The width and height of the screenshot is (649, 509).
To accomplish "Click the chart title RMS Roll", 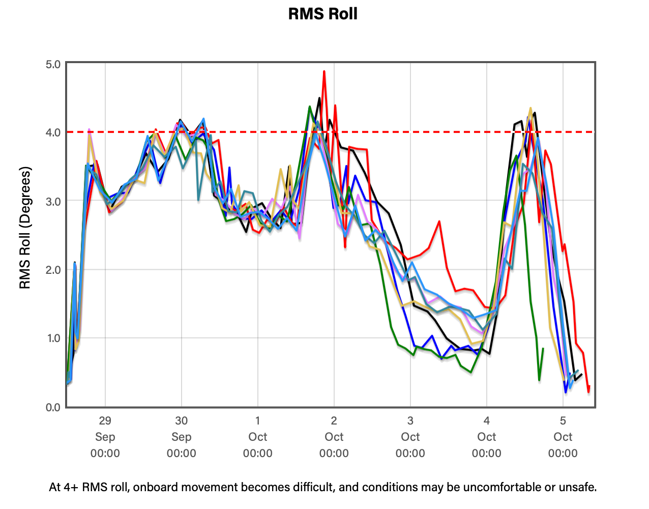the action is point(322,14).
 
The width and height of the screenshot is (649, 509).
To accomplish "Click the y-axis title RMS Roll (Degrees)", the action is point(25,228).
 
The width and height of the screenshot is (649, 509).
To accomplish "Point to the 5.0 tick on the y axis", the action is point(53,64).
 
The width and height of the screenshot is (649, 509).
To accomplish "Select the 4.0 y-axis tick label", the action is point(53,132).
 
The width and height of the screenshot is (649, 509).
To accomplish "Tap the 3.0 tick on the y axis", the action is point(53,202).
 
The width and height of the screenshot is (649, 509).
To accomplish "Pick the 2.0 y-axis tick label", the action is point(53,270).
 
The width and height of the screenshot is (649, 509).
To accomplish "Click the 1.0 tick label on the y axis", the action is point(53,338).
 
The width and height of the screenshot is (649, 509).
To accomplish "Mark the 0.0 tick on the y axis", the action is point(53,407).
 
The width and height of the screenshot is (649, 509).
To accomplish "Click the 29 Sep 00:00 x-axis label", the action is point(105,437).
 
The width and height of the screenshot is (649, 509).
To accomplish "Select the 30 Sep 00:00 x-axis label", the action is point(181,437).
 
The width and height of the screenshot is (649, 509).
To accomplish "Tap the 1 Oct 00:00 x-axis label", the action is point(258,437).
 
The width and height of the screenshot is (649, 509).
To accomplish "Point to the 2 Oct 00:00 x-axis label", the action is point(334,437).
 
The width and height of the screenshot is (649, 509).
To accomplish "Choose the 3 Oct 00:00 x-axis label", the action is point(410,437).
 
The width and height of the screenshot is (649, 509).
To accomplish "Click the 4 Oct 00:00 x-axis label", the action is point(487,437).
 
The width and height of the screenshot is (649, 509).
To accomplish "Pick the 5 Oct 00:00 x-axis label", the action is point(563,437).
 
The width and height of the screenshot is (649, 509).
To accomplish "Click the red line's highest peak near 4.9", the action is point(324,72).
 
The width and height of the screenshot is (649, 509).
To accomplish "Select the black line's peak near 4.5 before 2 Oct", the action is point(319,98).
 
